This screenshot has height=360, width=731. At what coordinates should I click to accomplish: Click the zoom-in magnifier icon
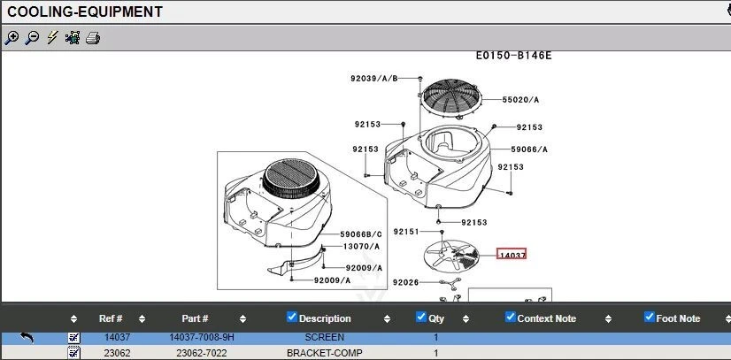pos(12,37)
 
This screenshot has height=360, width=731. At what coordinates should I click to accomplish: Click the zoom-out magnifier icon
pos(32,37)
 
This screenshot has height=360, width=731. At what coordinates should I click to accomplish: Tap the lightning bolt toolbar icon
pos(52,37)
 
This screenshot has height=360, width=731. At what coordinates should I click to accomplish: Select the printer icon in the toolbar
pos(93,37)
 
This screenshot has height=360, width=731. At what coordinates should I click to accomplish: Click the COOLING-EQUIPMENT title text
pos(85,11)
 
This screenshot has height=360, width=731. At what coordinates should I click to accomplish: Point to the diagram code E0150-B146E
pos(513,55)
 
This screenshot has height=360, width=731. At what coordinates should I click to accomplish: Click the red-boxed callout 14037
pos(512,255)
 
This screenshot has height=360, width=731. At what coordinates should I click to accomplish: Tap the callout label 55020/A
pos(520,100)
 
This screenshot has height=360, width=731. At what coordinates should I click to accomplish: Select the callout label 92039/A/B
pos(373,78)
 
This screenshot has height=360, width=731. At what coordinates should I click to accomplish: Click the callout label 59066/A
pos(529,149)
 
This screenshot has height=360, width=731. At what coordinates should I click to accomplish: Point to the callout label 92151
pos(405,231)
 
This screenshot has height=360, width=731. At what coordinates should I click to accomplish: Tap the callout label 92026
pos(405,282)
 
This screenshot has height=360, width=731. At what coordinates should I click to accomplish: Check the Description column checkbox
pos(292,318)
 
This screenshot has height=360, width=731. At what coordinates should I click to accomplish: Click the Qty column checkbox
pos(420,318)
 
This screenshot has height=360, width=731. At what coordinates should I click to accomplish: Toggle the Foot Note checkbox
pos(649,318)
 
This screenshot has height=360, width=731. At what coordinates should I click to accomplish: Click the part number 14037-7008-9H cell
pos(202,337)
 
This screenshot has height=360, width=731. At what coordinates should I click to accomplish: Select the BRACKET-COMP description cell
pos(325,353)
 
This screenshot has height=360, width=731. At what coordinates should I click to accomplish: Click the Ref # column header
pos(111,318)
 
